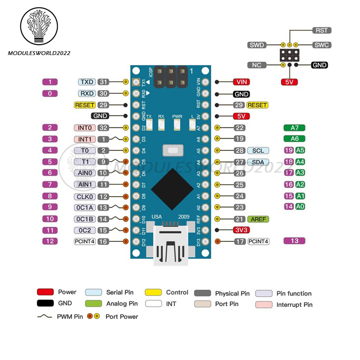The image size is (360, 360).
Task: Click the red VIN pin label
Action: pos(241,82)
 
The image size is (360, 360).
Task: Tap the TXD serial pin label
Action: pos(86,82)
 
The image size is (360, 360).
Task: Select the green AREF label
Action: pos(258,219)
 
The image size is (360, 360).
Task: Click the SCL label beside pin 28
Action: pos(258,150)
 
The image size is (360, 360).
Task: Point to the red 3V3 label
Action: pos(241,230)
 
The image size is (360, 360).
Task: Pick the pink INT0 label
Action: pos(85,127)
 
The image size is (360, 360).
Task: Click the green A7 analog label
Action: pos(294,127)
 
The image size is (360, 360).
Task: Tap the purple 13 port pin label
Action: pos(294,240)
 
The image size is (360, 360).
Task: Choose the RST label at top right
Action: pos(321,31)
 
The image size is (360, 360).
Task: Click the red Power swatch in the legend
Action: pos(45,292)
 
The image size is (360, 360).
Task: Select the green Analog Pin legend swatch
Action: pos(94,303)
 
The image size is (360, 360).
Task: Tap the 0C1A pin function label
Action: pos(85,207)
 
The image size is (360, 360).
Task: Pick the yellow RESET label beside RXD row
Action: pos(85,105)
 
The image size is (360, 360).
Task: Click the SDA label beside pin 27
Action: pos(258,162)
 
